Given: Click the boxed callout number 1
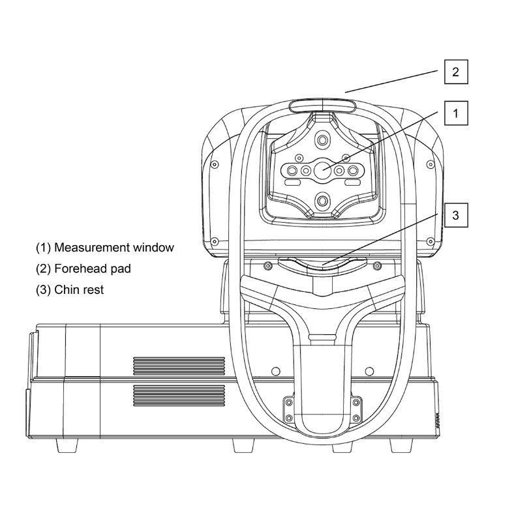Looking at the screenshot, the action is click(x=456, y=113).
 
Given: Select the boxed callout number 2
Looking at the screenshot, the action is click(x=456, y=72).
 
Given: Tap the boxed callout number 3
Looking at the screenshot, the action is click(x=456, y=215).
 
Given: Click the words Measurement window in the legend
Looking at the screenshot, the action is click(x=113, y=247).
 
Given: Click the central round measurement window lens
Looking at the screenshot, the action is click(x=323, y=170).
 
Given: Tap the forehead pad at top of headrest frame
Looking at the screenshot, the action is click(x=323, y=106).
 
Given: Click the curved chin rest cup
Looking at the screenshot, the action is click(x=323, y=265).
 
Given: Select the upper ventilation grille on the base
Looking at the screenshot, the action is click(x=179, y=366).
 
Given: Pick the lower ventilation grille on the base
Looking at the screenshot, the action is click(x=179, y=396).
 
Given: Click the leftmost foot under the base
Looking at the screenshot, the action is click(x=68, y=446).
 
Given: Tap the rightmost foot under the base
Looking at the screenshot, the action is click(x=401, y=446).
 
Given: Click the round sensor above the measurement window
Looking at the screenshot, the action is click(x=323, y=141).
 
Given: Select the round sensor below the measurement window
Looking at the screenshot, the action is click(x=323, y=199).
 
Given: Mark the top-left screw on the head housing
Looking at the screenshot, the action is click(x=215, y=164).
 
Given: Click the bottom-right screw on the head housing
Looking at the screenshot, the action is click(x=431, y=242).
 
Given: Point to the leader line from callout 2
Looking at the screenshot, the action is click(x=391, y=81).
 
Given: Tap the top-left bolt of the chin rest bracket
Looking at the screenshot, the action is click(x=289, y=402).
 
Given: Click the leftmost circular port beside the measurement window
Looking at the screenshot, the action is click(x=292, y=171).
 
